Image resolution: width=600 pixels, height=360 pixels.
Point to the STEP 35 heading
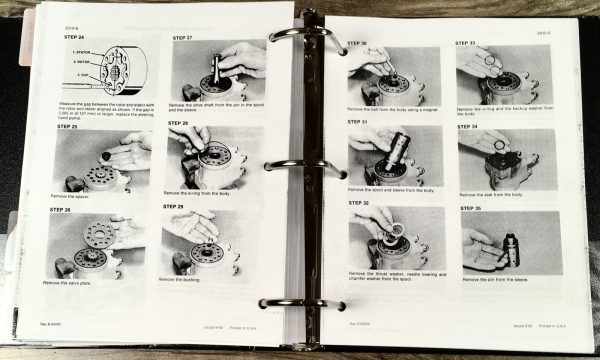click(x=470, y=210)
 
